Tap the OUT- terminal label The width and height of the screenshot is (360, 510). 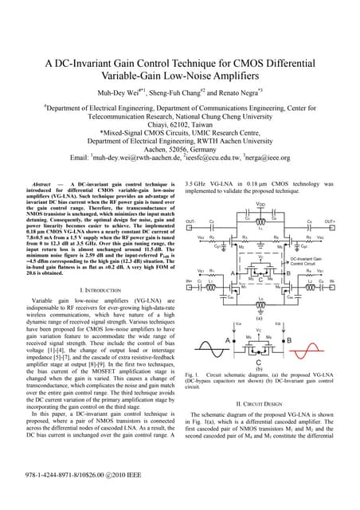(x=190, y=221)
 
